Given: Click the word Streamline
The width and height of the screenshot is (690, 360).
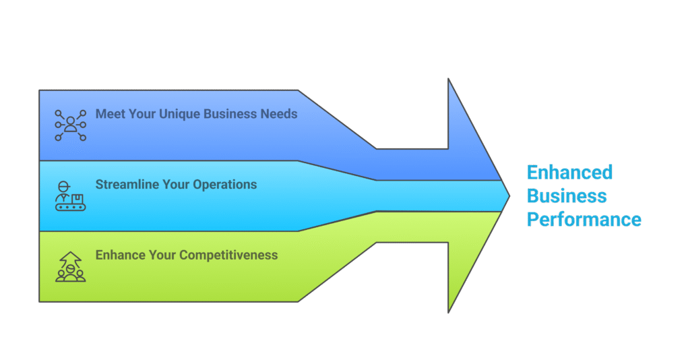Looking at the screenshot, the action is [x=127, y=185].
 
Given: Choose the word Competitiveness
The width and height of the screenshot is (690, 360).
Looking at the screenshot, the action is [x=228, y=256].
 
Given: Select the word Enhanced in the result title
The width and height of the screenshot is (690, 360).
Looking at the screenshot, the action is [x=569, y=172].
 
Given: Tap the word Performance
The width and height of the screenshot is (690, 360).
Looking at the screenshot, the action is [x=584, y=220].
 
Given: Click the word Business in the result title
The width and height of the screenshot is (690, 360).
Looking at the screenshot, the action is [x=567, y=196].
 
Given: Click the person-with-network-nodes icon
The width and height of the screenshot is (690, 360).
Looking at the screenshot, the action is [x=70, y=125].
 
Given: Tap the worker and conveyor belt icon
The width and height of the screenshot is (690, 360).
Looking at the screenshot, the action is [x=70, y=196].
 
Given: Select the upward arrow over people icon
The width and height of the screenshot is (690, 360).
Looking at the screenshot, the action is [x=70, y=267].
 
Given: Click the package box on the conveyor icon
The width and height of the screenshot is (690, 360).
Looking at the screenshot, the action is [x=77, y=200].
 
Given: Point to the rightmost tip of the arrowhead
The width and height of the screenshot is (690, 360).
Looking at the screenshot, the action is [x=509, y=196].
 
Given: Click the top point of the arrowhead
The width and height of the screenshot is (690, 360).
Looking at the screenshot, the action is [x=448, y=80].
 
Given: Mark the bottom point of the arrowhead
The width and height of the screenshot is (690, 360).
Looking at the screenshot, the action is [x=448, y=312].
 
